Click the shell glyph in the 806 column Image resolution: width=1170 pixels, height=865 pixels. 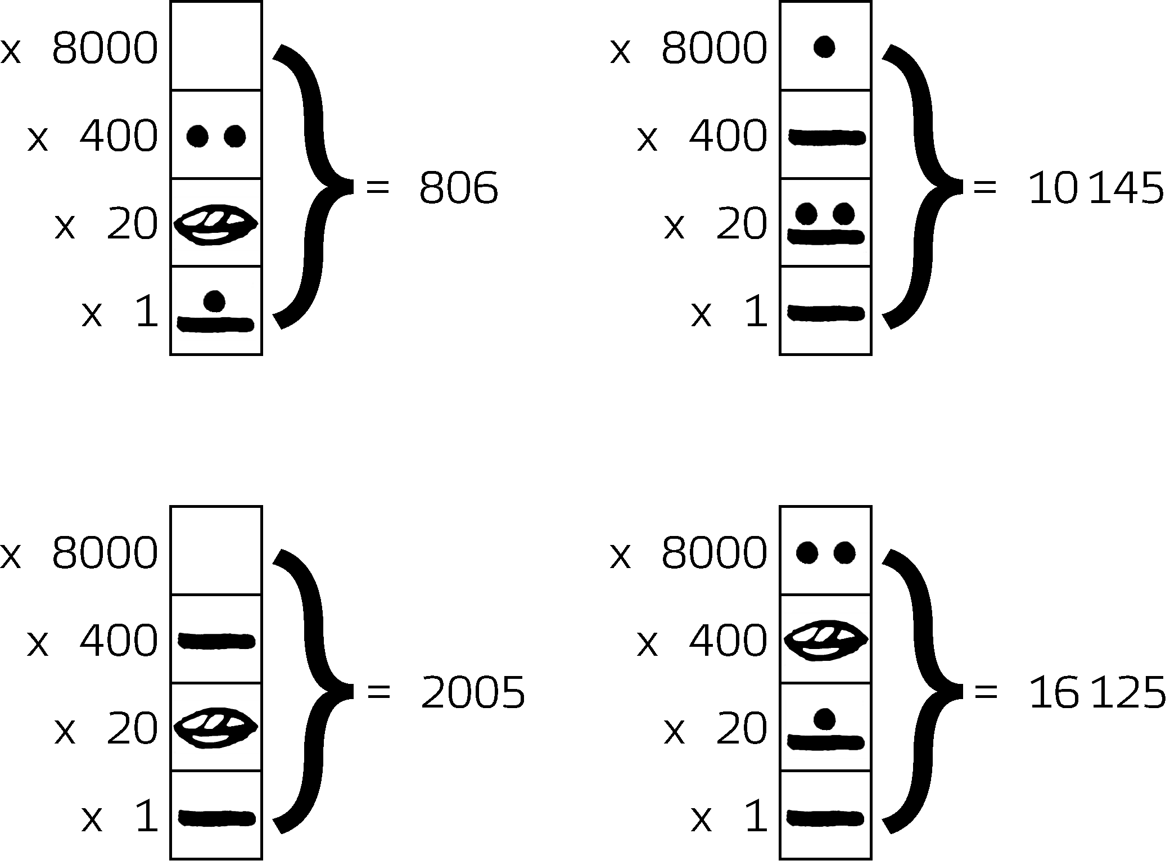tap(216, 224)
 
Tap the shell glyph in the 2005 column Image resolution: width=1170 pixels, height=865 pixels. tap(216, 727)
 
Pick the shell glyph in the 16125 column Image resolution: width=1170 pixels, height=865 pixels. tap(825, 639)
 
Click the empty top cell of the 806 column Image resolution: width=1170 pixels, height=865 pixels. tap(216, 46)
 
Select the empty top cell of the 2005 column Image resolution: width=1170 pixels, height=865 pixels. tap(216, 550)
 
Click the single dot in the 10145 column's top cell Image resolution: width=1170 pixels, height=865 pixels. tap(824, 47)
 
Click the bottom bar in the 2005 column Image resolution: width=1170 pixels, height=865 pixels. tap(217, 817)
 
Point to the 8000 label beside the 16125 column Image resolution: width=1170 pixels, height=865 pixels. tap(714, 553)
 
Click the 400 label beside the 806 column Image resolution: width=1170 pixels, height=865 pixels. tap(119, 137)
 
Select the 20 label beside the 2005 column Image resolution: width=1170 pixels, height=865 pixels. tap(132, 729)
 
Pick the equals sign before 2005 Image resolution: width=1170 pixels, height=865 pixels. tap(378, 692)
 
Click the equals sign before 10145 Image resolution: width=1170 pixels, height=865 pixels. tap(984, 187)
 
